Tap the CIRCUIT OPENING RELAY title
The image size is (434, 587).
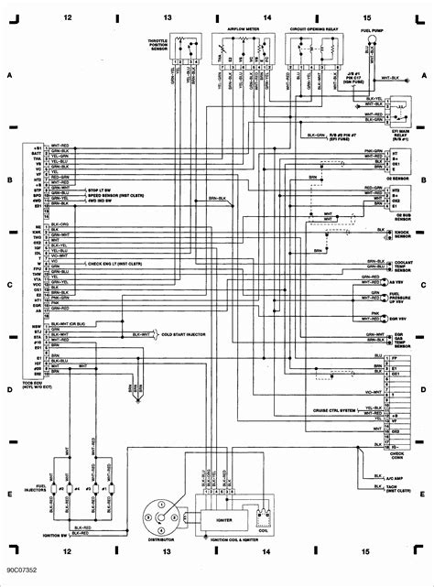tap(313, 30)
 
